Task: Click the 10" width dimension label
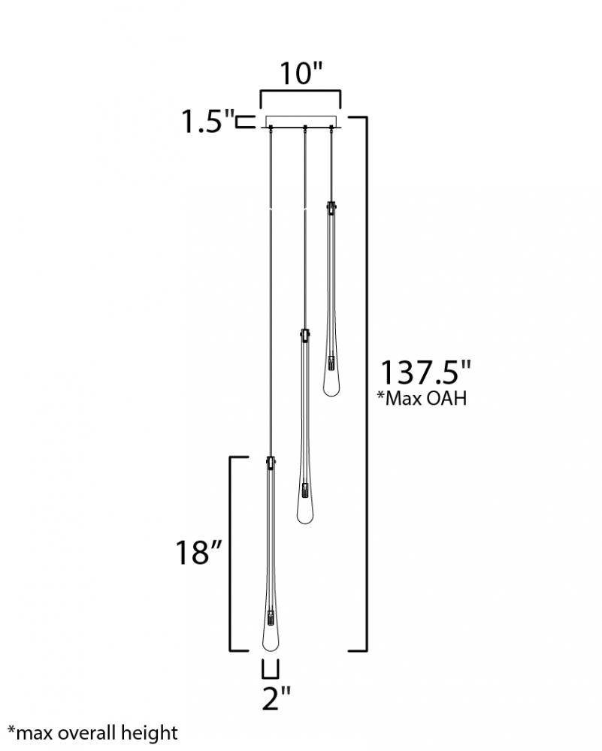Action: pos(301,73)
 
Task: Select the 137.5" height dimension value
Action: pos(425,372)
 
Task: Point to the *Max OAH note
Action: pos(422,398)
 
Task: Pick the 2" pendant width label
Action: pos(276,698)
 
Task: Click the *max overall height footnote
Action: pos(93,733)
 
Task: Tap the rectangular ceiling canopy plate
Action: pos(301,122)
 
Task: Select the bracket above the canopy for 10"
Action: pos(301,89)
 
